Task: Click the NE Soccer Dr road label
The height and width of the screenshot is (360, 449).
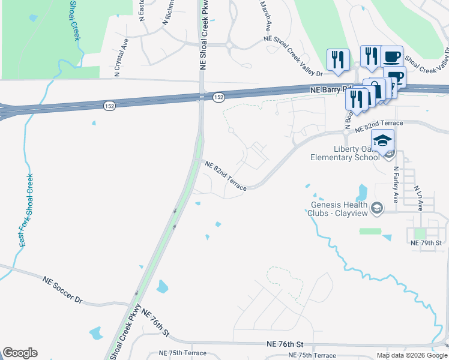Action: pos(62,290)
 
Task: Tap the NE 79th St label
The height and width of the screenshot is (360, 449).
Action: pos(426,243)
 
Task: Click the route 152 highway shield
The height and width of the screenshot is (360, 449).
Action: pos(218,97)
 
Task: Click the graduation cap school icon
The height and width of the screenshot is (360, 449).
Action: pos(382,140)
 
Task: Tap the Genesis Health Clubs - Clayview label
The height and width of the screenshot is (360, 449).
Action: pos(340,208)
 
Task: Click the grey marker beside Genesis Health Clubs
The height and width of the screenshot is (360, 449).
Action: pos(377,208)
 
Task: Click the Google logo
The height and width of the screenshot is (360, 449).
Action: pos(20,353)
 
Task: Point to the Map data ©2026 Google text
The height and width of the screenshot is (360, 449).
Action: pos(412,355)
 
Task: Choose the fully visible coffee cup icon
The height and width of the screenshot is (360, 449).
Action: pos(391,56)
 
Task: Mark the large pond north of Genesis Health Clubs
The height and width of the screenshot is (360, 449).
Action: pos(361,192)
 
